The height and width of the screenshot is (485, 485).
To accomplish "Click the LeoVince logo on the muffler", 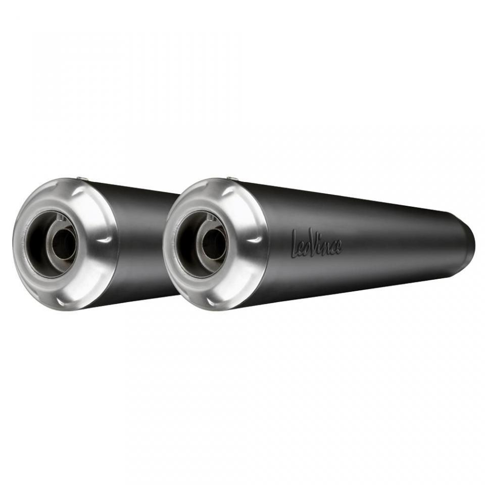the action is pyautogui.click(x=317, y=243).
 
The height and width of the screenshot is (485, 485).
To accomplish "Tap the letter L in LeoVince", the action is pyautogui.click(x=296, y=243).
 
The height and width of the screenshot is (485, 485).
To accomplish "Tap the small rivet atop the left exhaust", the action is pyautogui.click(x=82, y=178).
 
